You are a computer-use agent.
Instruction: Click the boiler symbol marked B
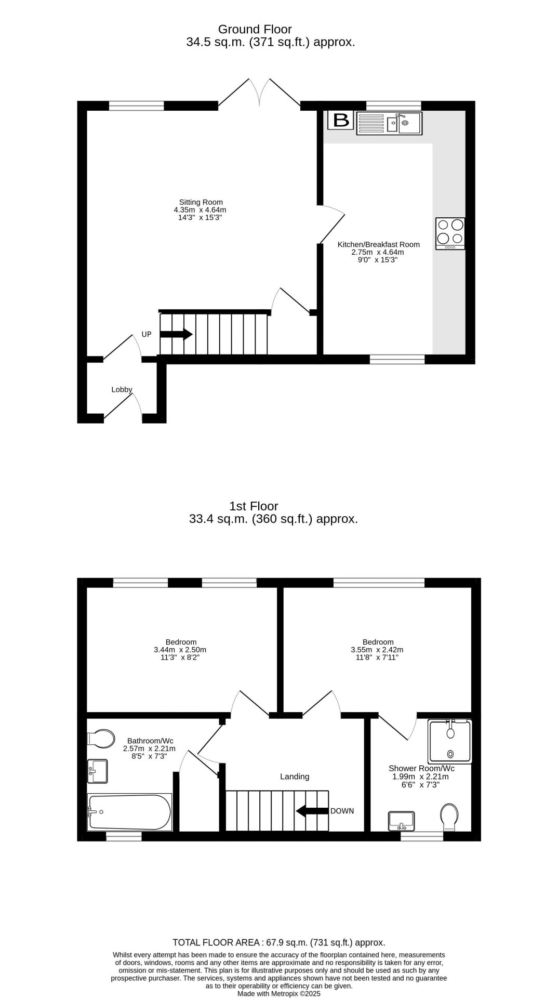[341, 121]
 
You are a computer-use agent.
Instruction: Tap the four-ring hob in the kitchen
[450, 232]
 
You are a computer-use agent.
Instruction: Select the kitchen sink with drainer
[389, 124]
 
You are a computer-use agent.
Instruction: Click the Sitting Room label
[201, 202]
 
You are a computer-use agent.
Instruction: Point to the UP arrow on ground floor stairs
[176, 334]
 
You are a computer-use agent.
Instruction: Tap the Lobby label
[122, 389]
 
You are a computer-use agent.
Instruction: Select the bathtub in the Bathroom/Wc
[129, 812]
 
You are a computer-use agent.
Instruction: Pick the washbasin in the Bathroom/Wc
[98, 771]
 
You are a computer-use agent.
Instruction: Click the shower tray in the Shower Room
[449, 741]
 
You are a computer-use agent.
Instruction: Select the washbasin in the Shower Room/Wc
[401, 821]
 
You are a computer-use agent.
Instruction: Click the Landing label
[295, 777]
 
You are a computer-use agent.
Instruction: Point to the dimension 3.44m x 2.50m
[180, 650]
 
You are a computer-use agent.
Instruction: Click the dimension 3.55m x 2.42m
[377, 650]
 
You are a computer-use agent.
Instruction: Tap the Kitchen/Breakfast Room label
[378, 244]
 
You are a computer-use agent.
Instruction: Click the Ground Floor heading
[255, 29]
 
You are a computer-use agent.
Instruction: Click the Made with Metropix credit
[278, 993]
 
